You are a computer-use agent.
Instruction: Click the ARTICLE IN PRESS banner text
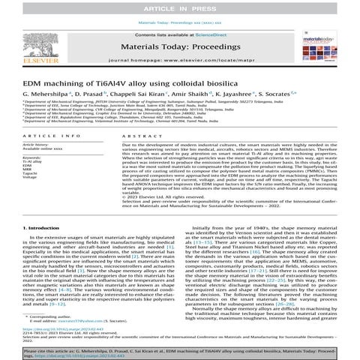pyautogui.click(x=180, y=7)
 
